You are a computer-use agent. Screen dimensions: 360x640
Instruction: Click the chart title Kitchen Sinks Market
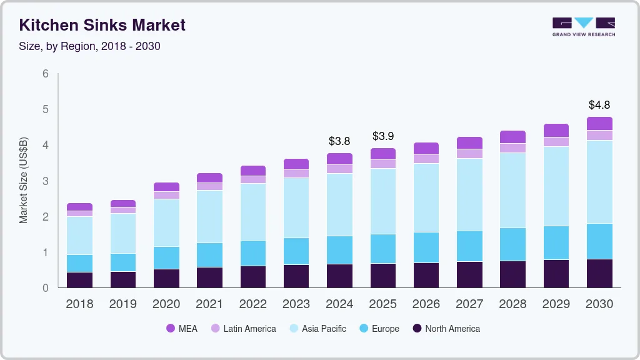102,25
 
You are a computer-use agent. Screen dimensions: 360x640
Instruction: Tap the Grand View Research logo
584,27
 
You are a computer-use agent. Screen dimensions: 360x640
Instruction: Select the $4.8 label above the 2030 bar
599,104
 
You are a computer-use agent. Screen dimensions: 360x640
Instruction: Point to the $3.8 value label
340,141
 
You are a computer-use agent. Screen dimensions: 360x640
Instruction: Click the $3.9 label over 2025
383,136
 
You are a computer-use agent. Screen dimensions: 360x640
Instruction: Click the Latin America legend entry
243,328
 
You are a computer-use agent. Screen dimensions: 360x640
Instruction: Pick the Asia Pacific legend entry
317,328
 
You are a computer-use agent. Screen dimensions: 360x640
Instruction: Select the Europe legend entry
379,328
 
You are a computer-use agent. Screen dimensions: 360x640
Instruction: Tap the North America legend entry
446,328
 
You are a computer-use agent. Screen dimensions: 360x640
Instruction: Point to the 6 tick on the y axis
46,74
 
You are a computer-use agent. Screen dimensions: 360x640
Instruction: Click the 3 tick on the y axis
46,181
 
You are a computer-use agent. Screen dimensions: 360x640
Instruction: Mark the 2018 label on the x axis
79,304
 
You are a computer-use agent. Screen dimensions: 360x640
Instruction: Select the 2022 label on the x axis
253,304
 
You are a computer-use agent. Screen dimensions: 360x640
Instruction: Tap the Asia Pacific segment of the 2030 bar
599,181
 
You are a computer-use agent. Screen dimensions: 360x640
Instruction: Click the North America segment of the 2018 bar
79,280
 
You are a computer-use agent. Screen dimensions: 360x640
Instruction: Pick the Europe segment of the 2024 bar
340,250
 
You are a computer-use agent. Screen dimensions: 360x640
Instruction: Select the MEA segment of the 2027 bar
469,142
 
